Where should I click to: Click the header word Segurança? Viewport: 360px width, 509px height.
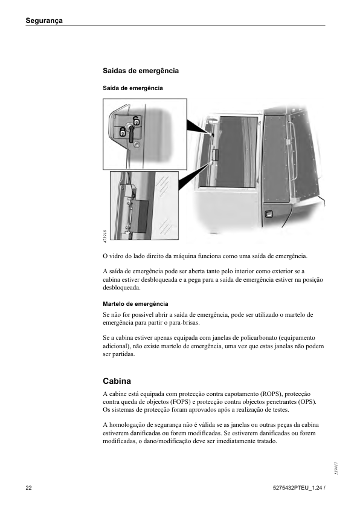tap(44, 21)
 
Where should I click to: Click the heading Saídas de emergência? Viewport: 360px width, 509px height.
tap(141, 71)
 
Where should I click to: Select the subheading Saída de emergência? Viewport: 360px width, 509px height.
tap(133, 88)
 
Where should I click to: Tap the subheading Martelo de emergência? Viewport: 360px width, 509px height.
tap(135, 304)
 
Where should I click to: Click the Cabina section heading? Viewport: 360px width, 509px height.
tap(117, 381)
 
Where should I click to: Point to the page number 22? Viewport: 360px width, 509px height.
tap(28, 488)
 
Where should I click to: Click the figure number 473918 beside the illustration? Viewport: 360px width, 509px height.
tap(104, 236)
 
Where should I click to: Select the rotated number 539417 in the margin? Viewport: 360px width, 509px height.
tap(337, 468)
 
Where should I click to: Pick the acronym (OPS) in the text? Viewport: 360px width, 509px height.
tap(307, 402)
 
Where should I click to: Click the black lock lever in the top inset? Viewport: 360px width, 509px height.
tap(131, 134)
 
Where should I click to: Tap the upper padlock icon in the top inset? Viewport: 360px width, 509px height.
tap(137, 121)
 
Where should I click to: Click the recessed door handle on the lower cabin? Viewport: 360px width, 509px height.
tap(269, 214)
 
